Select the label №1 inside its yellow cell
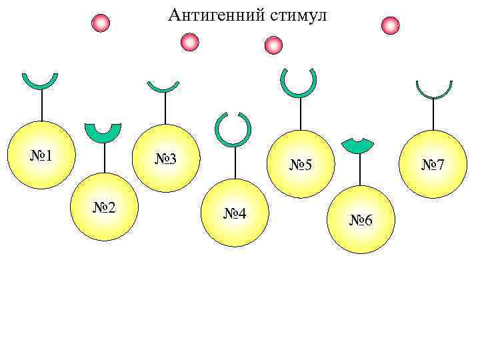click(x=41, y=157)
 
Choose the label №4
click(x=234, y=214)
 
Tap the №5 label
click(x=301, y=164)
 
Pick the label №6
click(x=361, y=221)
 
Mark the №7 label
click(x=434, y=164)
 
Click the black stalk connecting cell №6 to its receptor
click(x=360, y=169)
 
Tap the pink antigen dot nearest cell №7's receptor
click(x=390, y=25)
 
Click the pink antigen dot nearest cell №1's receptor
click(x=101, y=23)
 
